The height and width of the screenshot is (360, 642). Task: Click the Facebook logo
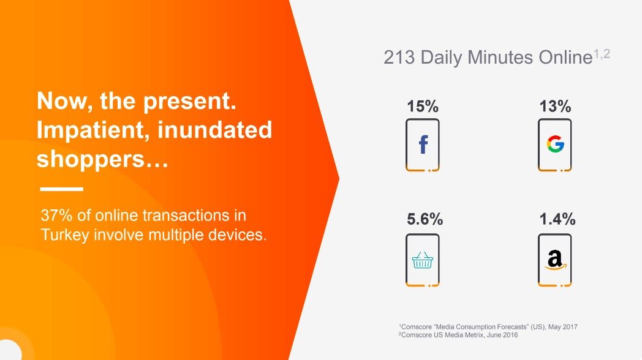pyautogui.click(x=423, y=144)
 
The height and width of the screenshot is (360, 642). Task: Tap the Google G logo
pyautogui.click(x=556, y=144)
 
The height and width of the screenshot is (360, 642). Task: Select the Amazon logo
pyautogui.click(x=555, y=260)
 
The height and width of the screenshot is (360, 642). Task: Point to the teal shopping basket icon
pyautogui.click(x=423, y=260)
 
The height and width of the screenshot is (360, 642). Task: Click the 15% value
pyautogui.click(x=423, y=107)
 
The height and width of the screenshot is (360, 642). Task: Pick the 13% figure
pyautogui.click(x=555, y=107)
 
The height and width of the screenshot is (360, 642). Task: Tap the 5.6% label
pyautogui.click(x=425, y=219)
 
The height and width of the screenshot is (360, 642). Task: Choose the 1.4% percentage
pyautogui.click(x=557, y=219)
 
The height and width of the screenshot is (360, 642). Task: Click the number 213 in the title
pyautogui.click(x=399, y=58)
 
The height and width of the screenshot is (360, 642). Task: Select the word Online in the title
pyautogui.click(x=565, y=58)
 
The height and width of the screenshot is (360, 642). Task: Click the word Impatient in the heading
pyautogui.click(x=93, y=130)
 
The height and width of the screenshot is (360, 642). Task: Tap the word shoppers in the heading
pyautogui.click(x=91, y=159)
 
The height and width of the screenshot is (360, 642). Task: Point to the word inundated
pyautogui.click(x=214, y=130)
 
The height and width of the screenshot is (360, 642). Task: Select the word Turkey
pyautogui.click(x=65, y=235)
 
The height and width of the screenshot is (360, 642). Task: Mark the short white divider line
pyautogui.click(x=61, y=189)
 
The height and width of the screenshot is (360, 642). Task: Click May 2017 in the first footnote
pyautogui.click(x=563, y=327)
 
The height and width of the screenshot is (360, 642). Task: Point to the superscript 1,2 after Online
pyautogui.click(x=602, y=54)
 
